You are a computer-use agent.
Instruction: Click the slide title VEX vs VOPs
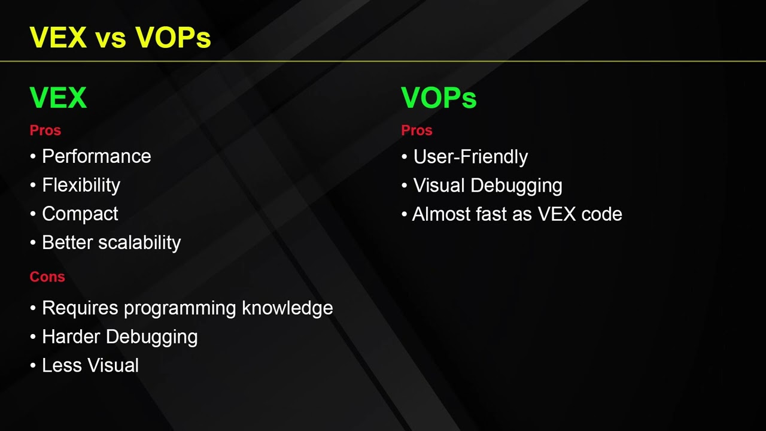(x=120, y=37)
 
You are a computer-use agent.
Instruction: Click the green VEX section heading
(x=58, y=98)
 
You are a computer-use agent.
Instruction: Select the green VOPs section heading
(x=439, y=98)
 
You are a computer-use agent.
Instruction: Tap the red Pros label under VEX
(x=45, y=130)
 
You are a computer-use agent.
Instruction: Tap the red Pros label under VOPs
(x=417, y=130)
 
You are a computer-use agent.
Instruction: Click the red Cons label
(x=47, y=277)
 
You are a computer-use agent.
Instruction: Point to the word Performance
(x=96, y=157)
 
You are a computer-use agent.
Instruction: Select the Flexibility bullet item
(x=81, y=186)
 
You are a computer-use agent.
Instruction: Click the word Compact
(x=80, y=214)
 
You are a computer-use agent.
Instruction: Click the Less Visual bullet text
(x=90, y=366)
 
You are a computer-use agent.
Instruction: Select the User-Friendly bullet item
(x=470, y=157)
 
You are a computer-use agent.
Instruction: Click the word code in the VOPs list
(x=601, y=214)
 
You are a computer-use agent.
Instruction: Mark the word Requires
(x=80, y=308)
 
